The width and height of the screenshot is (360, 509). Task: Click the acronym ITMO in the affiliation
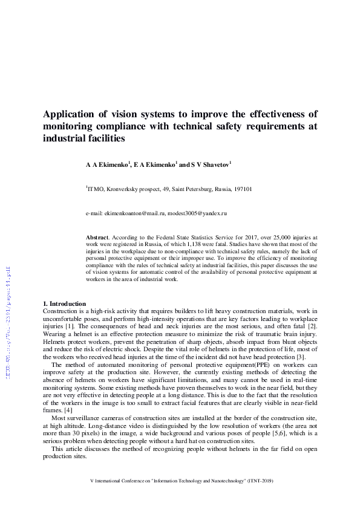point(97,189)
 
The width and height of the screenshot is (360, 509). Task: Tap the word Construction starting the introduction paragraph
point(61,311)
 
